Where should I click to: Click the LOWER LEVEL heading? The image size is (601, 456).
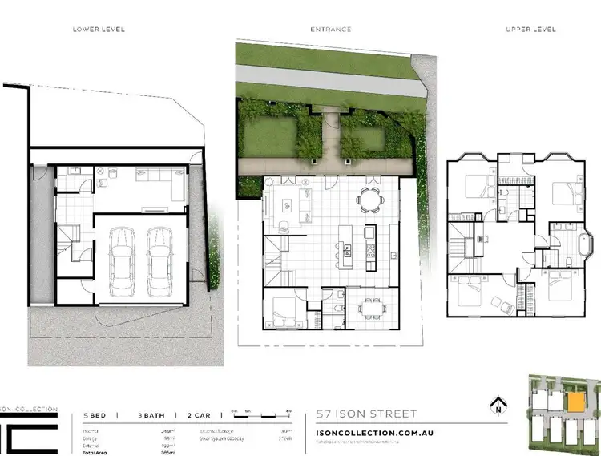click(99, 30)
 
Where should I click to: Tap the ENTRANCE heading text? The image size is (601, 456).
click(331, 30)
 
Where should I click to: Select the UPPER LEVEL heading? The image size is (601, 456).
click(531, 30)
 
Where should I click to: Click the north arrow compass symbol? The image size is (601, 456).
click(499, 402)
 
